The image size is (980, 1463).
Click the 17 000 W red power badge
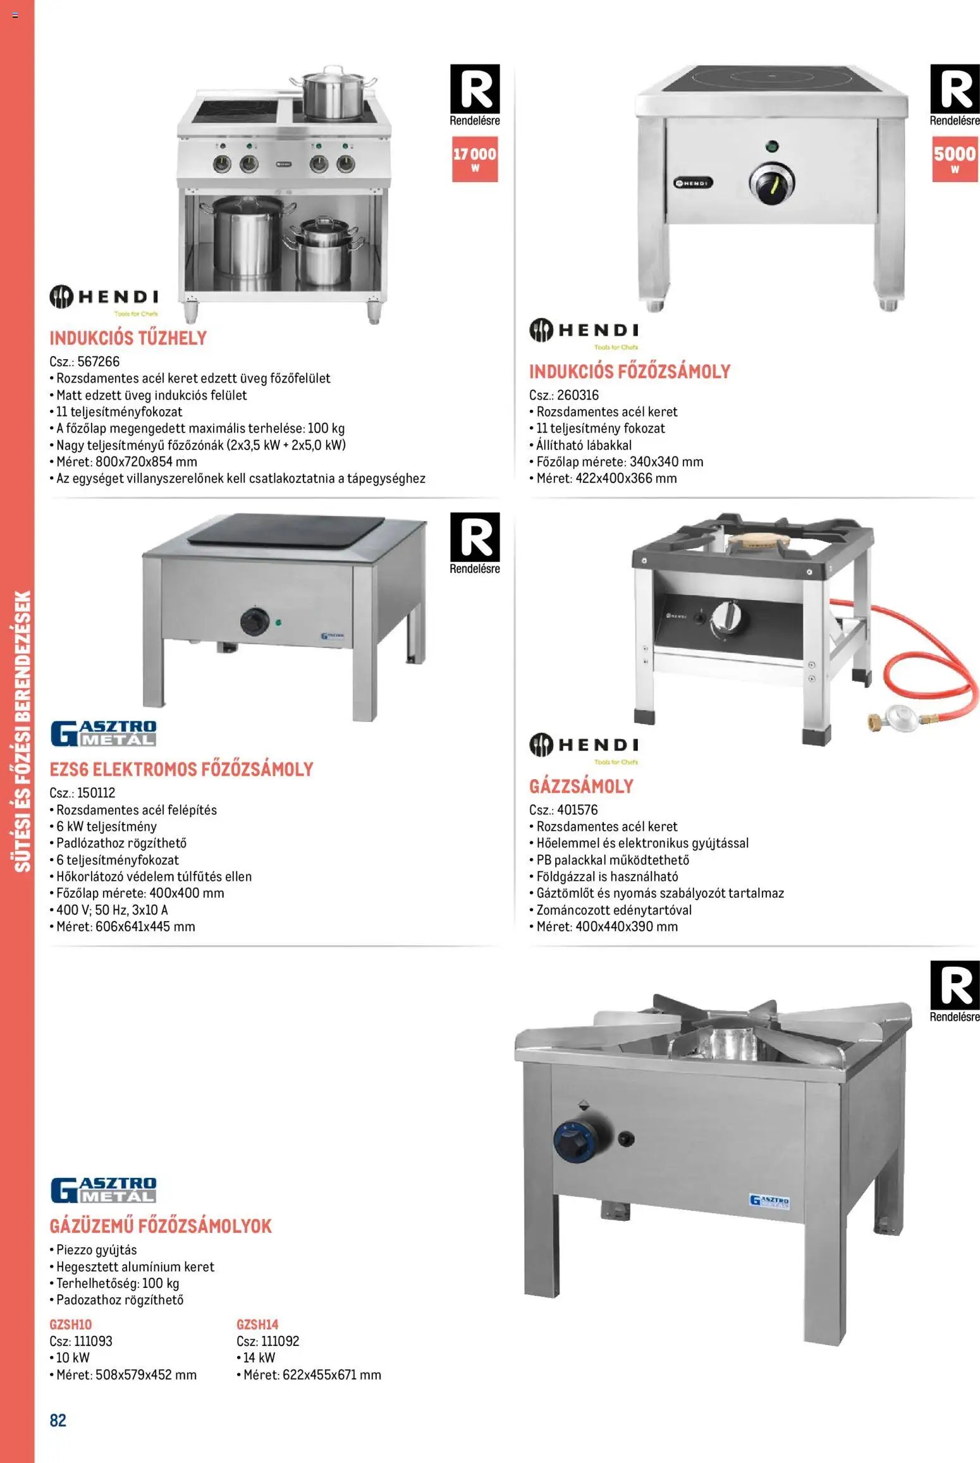(475, 160)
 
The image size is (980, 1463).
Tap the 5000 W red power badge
(955, 160)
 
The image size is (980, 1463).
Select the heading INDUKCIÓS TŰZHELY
(128, 338)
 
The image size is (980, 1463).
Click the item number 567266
(99, 362)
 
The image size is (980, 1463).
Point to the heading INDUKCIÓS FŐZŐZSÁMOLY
(630, 372)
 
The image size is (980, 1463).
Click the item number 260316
(578, 395)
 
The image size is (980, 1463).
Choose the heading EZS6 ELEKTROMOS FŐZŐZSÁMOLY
(181, 769)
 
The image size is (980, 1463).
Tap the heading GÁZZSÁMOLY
(581, 787)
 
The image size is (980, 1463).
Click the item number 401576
(577, 810)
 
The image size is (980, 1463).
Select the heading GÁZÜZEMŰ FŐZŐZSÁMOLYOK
(161, 1227)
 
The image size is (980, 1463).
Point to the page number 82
(58, 1421)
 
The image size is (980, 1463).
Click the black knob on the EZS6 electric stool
(255, 621)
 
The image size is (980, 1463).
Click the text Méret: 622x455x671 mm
(309, 1375)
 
